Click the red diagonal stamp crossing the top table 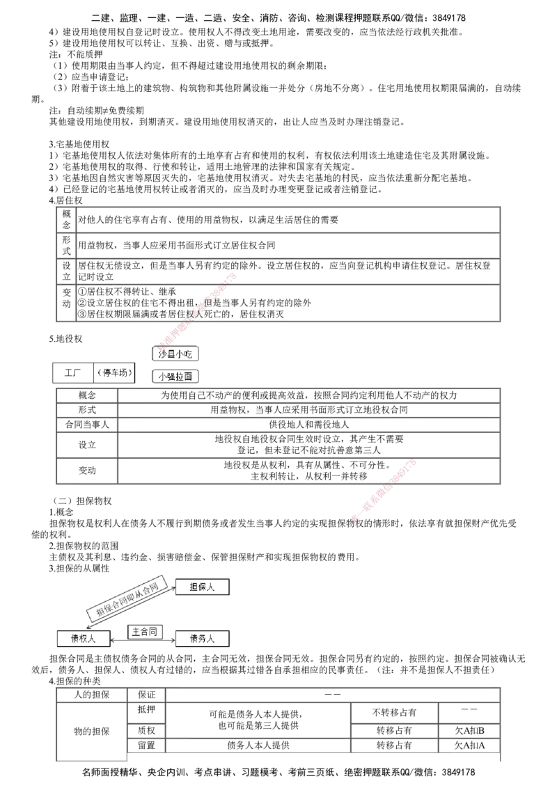pyautogui.click(x=197, y=310)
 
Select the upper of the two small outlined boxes pyautogui.click(x=175, y=354)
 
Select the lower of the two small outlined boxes pyautogui.click(x=175, y=377)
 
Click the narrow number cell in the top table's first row pyautogui.click(x=66, y=219)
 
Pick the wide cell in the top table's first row pyautogui.click(x=287, y=219)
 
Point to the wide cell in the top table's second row pyautogui.click(x=287, y=244)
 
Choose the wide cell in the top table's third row pyautogui.click(x=287, y=271)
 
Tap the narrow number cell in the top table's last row pyautogui.click(x=66, y=302)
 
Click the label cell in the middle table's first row pyautogui.click(x=86, y=395)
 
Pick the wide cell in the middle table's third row pyautogui.click(x=308, y=424)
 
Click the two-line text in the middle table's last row pyautogui.click(x=308, y=471)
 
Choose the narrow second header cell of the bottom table pyautogui.click(x=146, y=695)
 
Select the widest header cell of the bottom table pyautogui.click(x=331, y=695)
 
